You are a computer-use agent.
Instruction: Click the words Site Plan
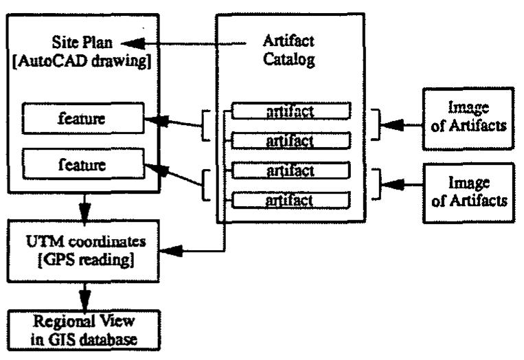click(82, 43)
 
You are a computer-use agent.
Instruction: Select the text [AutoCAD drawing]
click(82, 61)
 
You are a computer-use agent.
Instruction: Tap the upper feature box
click(83, 119)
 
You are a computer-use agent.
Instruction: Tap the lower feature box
click(83, 164)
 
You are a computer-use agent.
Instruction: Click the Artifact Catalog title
click(288, 50)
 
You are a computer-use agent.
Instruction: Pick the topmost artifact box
click(291, 111)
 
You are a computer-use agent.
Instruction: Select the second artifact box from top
click(291, 141)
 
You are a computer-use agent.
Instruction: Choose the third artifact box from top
click(291, 170)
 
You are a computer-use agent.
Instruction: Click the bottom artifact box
click(291, 200)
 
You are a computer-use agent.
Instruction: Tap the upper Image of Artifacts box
click(468, 119)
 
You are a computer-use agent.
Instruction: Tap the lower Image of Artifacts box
click(469, 193)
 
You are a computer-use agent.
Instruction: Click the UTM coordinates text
click(86, 241)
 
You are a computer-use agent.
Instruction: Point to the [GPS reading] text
click(87, 260)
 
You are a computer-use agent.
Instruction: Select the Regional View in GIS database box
click(84, 330)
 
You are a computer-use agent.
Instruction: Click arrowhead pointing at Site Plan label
click(133, 43)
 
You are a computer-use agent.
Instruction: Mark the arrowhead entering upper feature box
click(156, 121)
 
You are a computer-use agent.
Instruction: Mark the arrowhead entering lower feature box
click(157, 169)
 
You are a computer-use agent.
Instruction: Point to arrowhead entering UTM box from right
click(172, 251)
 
